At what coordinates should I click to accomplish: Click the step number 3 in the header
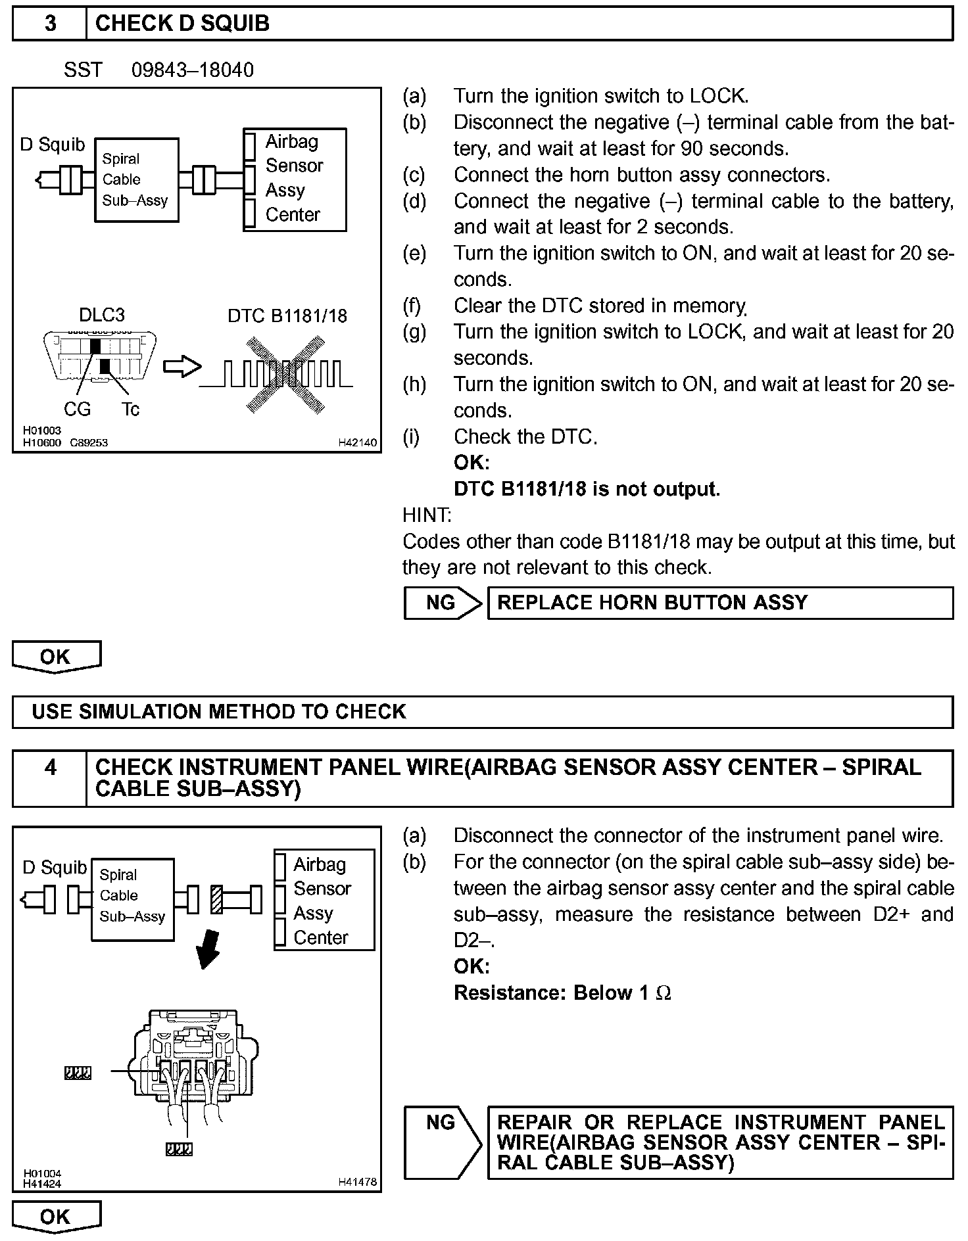coord(50,24)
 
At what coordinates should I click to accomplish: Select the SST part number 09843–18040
coord(192,70)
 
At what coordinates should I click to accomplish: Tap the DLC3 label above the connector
coord(101,315)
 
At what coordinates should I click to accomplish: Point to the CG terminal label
coord(77,409)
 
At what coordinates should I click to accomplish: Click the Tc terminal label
coord(130,409)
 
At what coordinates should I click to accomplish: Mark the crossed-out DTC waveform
coord(286,375)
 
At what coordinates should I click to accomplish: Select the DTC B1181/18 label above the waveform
coord(287,316)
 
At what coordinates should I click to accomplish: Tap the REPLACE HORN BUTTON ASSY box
coord(719,603)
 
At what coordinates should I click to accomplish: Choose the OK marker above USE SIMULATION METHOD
coord(57,657)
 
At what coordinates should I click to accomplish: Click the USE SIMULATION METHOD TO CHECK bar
coord(482,712)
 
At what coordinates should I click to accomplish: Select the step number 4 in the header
coord(50,767)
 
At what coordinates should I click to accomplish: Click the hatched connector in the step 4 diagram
coord(216,900)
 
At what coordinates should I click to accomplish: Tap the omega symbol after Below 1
coord(664,993)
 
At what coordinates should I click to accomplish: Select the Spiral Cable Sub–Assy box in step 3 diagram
coord(136,179)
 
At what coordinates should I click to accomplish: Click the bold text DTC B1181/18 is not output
coord(587,489)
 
